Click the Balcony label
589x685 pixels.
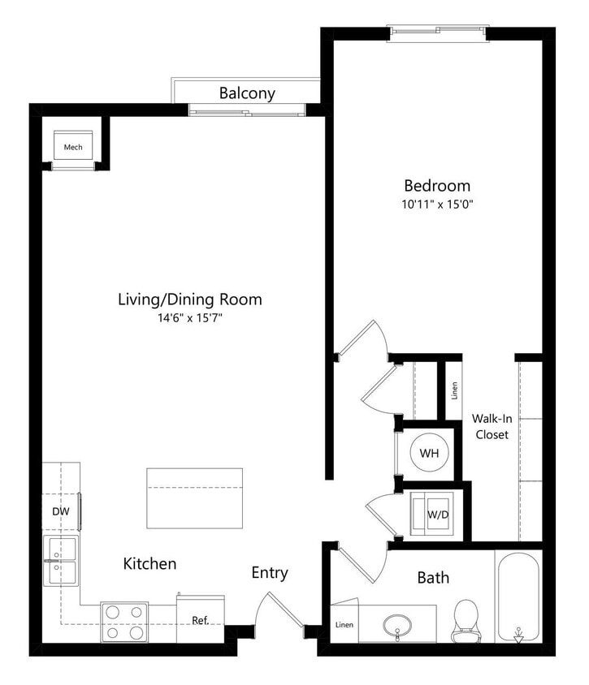point(247,93)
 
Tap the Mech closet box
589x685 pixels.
point(73,147)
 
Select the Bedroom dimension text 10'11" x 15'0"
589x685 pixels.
point(438,205)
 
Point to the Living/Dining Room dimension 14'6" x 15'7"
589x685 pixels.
point(190,319)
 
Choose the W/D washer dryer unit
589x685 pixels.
point(437,514)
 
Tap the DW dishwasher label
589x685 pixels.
point(61,512)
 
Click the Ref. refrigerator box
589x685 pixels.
point(200,621)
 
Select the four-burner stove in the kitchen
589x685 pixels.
point(124,622)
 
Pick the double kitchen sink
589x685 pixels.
point(61,561)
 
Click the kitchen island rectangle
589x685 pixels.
point(195,497)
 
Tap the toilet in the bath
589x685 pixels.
point(467,619)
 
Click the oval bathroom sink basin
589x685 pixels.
point(397,624)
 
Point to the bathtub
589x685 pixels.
point(518,597)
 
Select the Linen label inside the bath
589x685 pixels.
point(344,626)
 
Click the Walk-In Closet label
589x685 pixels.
point(490,427)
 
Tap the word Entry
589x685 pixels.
point(269,573)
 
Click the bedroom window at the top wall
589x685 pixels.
point(439,31)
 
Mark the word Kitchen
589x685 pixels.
point(149,563)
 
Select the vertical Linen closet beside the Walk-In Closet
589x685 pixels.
point(453,390)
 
